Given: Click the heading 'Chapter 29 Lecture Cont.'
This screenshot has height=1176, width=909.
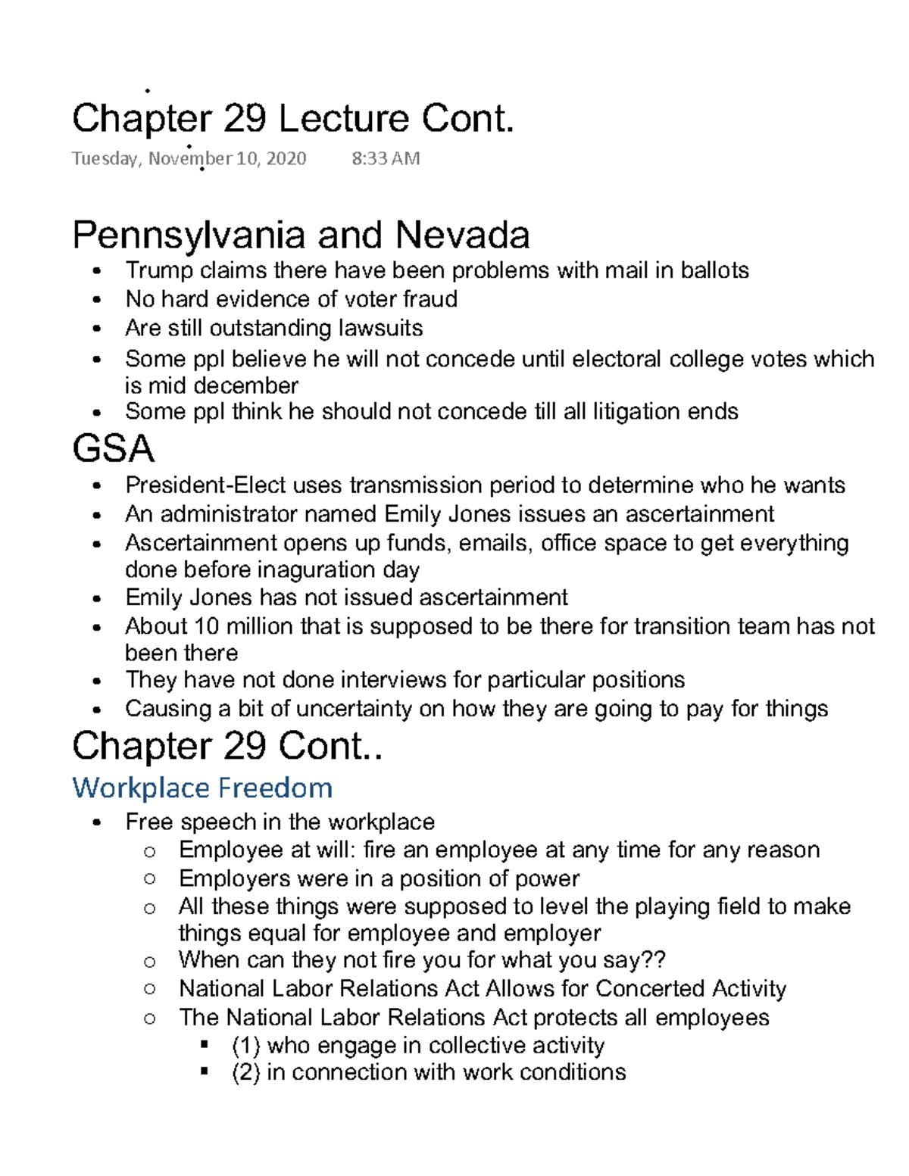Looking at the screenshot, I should coord(293,119).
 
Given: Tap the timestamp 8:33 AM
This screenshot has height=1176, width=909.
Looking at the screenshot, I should coord(386,158).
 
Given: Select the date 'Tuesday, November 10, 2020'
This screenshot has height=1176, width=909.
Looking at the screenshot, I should coord(189,158).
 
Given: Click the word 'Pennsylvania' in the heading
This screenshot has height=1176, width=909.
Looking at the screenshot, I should coord(189,236).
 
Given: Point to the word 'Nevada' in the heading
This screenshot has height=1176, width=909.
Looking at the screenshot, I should coord(462,236).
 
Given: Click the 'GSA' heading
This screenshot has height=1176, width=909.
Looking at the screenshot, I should coord(114,448).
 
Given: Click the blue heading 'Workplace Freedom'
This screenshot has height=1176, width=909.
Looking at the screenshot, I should coord(202,788).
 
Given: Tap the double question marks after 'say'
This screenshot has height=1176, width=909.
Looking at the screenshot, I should coord(654,959).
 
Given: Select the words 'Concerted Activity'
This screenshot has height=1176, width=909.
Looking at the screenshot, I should coord(691,988).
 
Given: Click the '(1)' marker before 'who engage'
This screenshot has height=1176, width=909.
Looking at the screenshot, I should coord(245,1046).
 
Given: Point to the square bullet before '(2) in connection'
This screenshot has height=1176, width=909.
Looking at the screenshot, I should coord(204,1072).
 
